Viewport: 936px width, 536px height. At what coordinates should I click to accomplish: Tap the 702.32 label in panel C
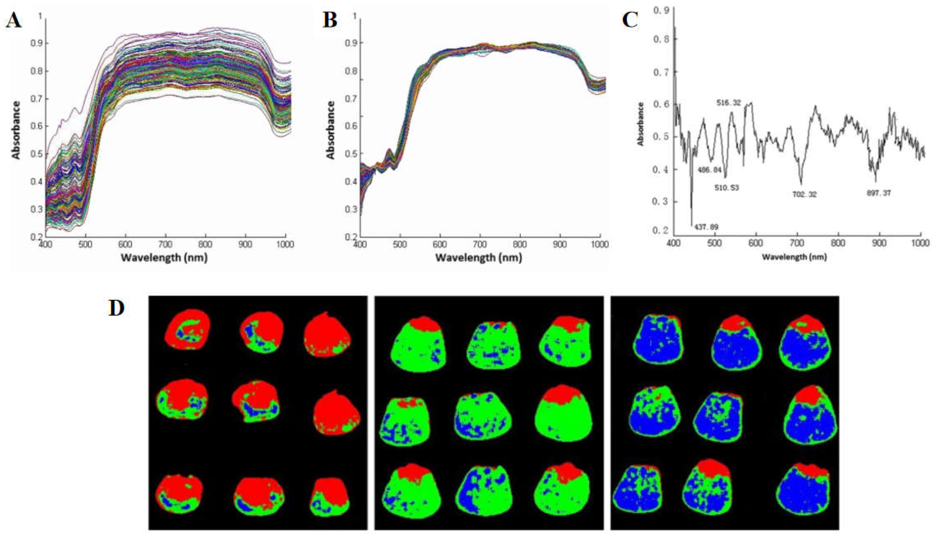tap(804, 194)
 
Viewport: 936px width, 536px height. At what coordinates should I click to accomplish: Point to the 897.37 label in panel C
tap(879, 193)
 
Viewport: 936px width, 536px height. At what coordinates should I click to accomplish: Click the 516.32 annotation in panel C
tap(728, 103)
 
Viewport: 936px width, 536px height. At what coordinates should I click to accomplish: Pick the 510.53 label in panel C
tap(727, 188)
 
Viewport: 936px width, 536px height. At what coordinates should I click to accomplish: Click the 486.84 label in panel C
tap(709, 170)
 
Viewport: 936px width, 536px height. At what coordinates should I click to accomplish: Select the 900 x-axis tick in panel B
tap(560, 245)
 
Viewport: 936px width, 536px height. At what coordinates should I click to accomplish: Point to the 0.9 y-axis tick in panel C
tap(661, 11)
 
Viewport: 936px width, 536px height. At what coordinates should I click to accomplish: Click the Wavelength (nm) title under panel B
tap(478, 258)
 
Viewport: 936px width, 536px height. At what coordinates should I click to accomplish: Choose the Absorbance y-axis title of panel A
tap(16, 130)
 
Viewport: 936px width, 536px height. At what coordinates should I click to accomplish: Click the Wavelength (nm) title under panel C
tap(794, 257)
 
